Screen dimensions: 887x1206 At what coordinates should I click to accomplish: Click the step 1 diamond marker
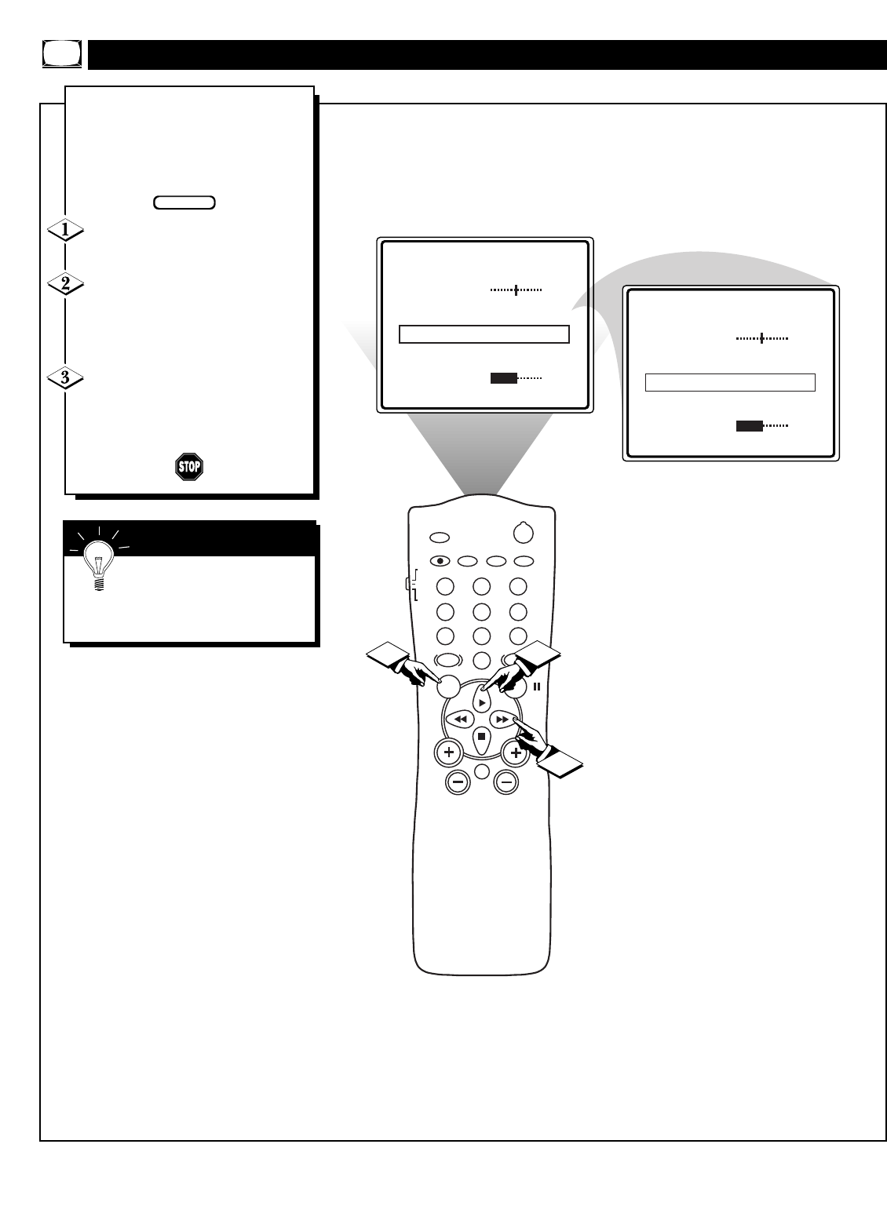tap(66, 231)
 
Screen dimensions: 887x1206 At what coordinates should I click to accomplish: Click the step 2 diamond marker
tap(66, 284)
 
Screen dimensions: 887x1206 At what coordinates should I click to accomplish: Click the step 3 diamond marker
tap(66, 378)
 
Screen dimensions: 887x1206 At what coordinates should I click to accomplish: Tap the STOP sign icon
tap(189, 467)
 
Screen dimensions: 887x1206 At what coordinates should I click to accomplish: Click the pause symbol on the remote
tap(538, 687)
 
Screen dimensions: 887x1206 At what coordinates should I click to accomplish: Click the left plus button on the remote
tap(449, 753)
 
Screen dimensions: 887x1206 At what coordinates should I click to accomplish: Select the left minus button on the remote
tap(458, 782)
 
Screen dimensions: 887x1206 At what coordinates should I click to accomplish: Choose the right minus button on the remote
tap(506, 782)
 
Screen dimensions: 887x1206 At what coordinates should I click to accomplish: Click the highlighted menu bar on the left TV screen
tap(484, 334)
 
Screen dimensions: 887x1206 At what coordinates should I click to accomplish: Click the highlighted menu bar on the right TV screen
tap(730, 382)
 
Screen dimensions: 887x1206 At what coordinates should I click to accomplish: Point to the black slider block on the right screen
tap(750, 426)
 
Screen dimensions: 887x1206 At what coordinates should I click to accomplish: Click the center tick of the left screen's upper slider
tap(516, 290)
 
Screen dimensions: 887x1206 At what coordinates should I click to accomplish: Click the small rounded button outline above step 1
tap(184, 202)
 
